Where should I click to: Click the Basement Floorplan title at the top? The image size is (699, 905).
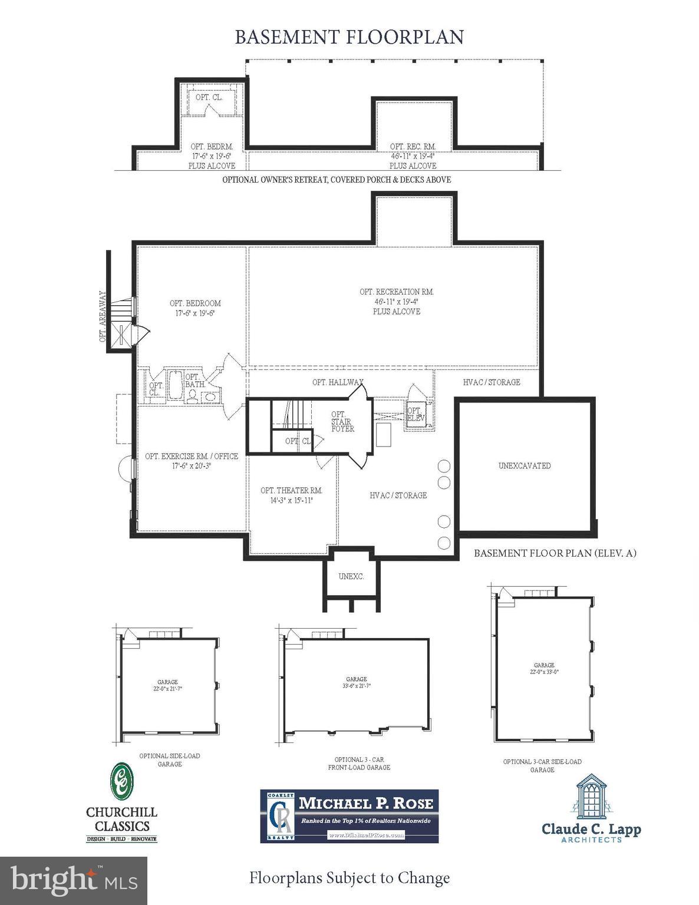pyautogui.click(x=349, y=37)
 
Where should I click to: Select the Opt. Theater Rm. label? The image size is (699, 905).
pyautogui.click(x=291, y=490)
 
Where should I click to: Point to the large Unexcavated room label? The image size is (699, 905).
pyautogui.click(x=525, y=465)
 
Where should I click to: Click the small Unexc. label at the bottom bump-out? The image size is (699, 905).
pyautogui.click(x=351, y=576)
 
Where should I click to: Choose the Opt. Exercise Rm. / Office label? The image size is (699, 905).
pyautogui.click(x=192, y=456)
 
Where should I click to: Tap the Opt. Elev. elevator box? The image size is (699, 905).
pyautogui.click(x=416, y=414)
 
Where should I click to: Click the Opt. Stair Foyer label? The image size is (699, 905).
pyautogui.click(x=342, y=421)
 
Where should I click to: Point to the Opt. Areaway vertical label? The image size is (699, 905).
pyautogui.click(x=103, y=316)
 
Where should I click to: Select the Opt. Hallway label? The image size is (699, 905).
pyautogui.click(x=337, y=382)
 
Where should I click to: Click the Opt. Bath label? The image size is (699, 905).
pyautogui.click(x=194, y=381)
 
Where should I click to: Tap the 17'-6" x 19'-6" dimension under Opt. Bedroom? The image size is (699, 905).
pyautogui.click(x=194, y=313)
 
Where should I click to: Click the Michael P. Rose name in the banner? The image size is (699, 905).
pyautogui.click(x=365, y=802)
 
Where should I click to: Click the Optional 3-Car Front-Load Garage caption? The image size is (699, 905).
pyautogui.click(x=359, y=764)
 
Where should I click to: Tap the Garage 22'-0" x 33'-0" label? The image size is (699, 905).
pyautogui.click(x=544, y=668)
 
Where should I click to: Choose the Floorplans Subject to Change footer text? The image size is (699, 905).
pyautogui.click(x=349, y=878)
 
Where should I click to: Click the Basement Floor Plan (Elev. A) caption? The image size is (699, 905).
pyautogui.click(x=555, y=553)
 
